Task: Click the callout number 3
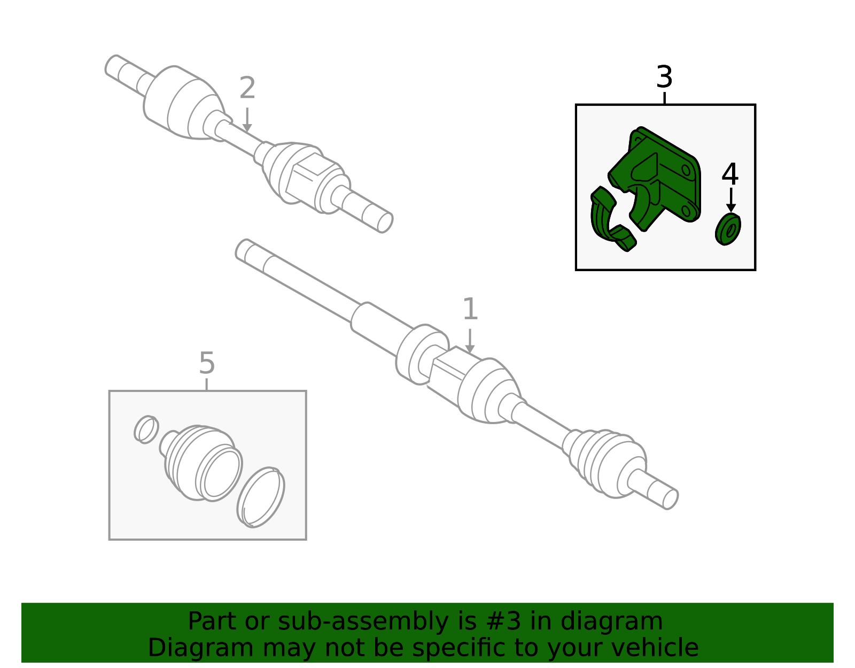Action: [x=664, y=77]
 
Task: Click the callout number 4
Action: [x=730, y=174]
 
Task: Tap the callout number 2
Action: [x=247, y=88]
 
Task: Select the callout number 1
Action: [x=470, y=309]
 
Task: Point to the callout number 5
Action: [x=207, y=363]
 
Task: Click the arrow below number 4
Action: [x=730, y=200]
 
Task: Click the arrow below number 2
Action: [x=247, y=120]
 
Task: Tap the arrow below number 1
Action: [x=470, y=341]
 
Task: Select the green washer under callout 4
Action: [x=728, y=229]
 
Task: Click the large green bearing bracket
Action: [x=655, y=179]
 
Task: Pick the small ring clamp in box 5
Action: [x=146, y=429]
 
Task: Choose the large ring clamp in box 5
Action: [x=260, y=497]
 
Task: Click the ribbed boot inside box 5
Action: [x=201, y=463]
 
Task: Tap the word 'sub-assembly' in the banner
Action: [x=363, y=621]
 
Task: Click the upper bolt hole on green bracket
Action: [x=686, y=171]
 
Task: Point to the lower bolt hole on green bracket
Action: [x=686, y=211]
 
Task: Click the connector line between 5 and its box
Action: [x=207, y=384]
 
